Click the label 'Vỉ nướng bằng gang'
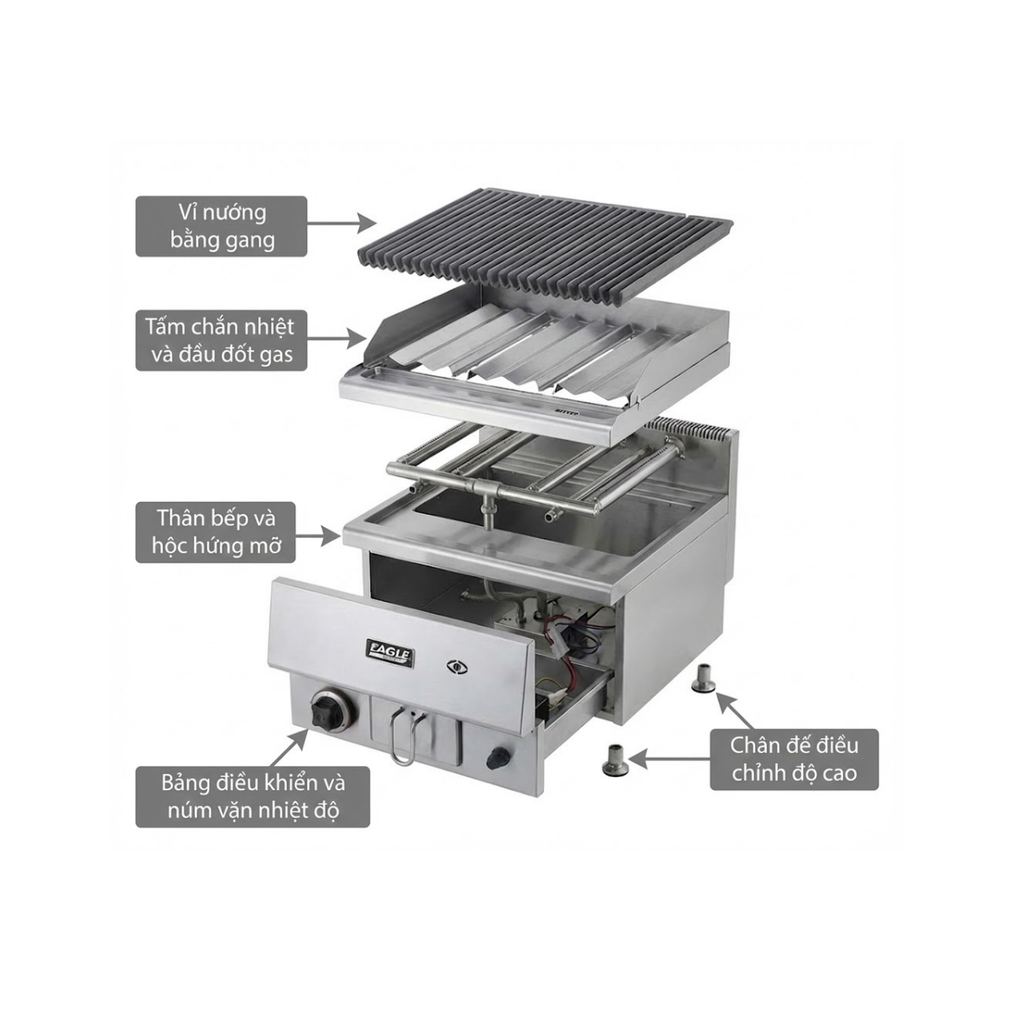(221, 226)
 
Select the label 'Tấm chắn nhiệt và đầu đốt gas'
(221, 341)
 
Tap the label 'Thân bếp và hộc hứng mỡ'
(215, 532)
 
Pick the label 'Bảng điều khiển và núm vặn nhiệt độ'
(252, 797)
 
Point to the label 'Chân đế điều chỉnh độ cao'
(794, 759)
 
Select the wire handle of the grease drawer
(404, 737)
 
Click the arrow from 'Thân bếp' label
(318, 536)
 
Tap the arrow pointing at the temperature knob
(289, 747)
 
